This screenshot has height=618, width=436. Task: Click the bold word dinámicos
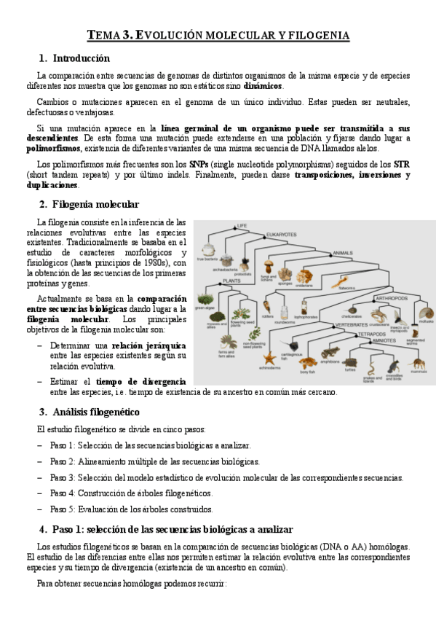tap(263, 86)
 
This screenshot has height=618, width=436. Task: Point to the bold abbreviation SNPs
tap(198, 164)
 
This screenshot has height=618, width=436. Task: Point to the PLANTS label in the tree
tap(231, 281)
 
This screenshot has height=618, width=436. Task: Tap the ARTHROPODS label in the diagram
tap(390, 298)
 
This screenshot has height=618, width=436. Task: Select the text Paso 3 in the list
tap(62, 477)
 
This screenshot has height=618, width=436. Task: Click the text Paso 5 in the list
tap(62, 509)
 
